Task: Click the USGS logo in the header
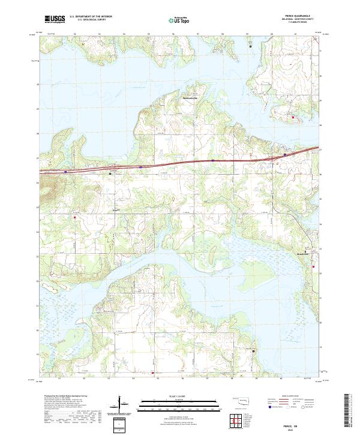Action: [x=56, y=19]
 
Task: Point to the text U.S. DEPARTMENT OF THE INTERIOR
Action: [x=91, y=15]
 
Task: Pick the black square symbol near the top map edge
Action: [x=251, y=45]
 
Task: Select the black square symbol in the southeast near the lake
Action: [x=253, y=350]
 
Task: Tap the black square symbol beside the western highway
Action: [x=110, y=174]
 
